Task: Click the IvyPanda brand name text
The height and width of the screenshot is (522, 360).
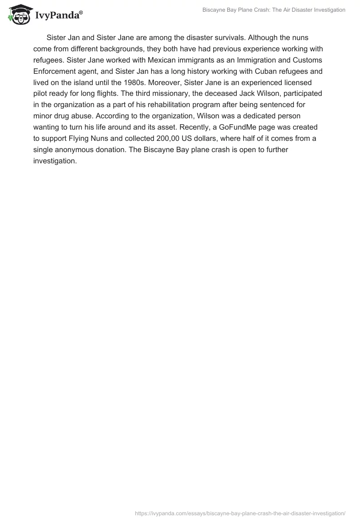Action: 58,15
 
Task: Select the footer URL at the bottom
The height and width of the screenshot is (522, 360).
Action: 240,513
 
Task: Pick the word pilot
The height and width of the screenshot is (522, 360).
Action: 41,94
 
